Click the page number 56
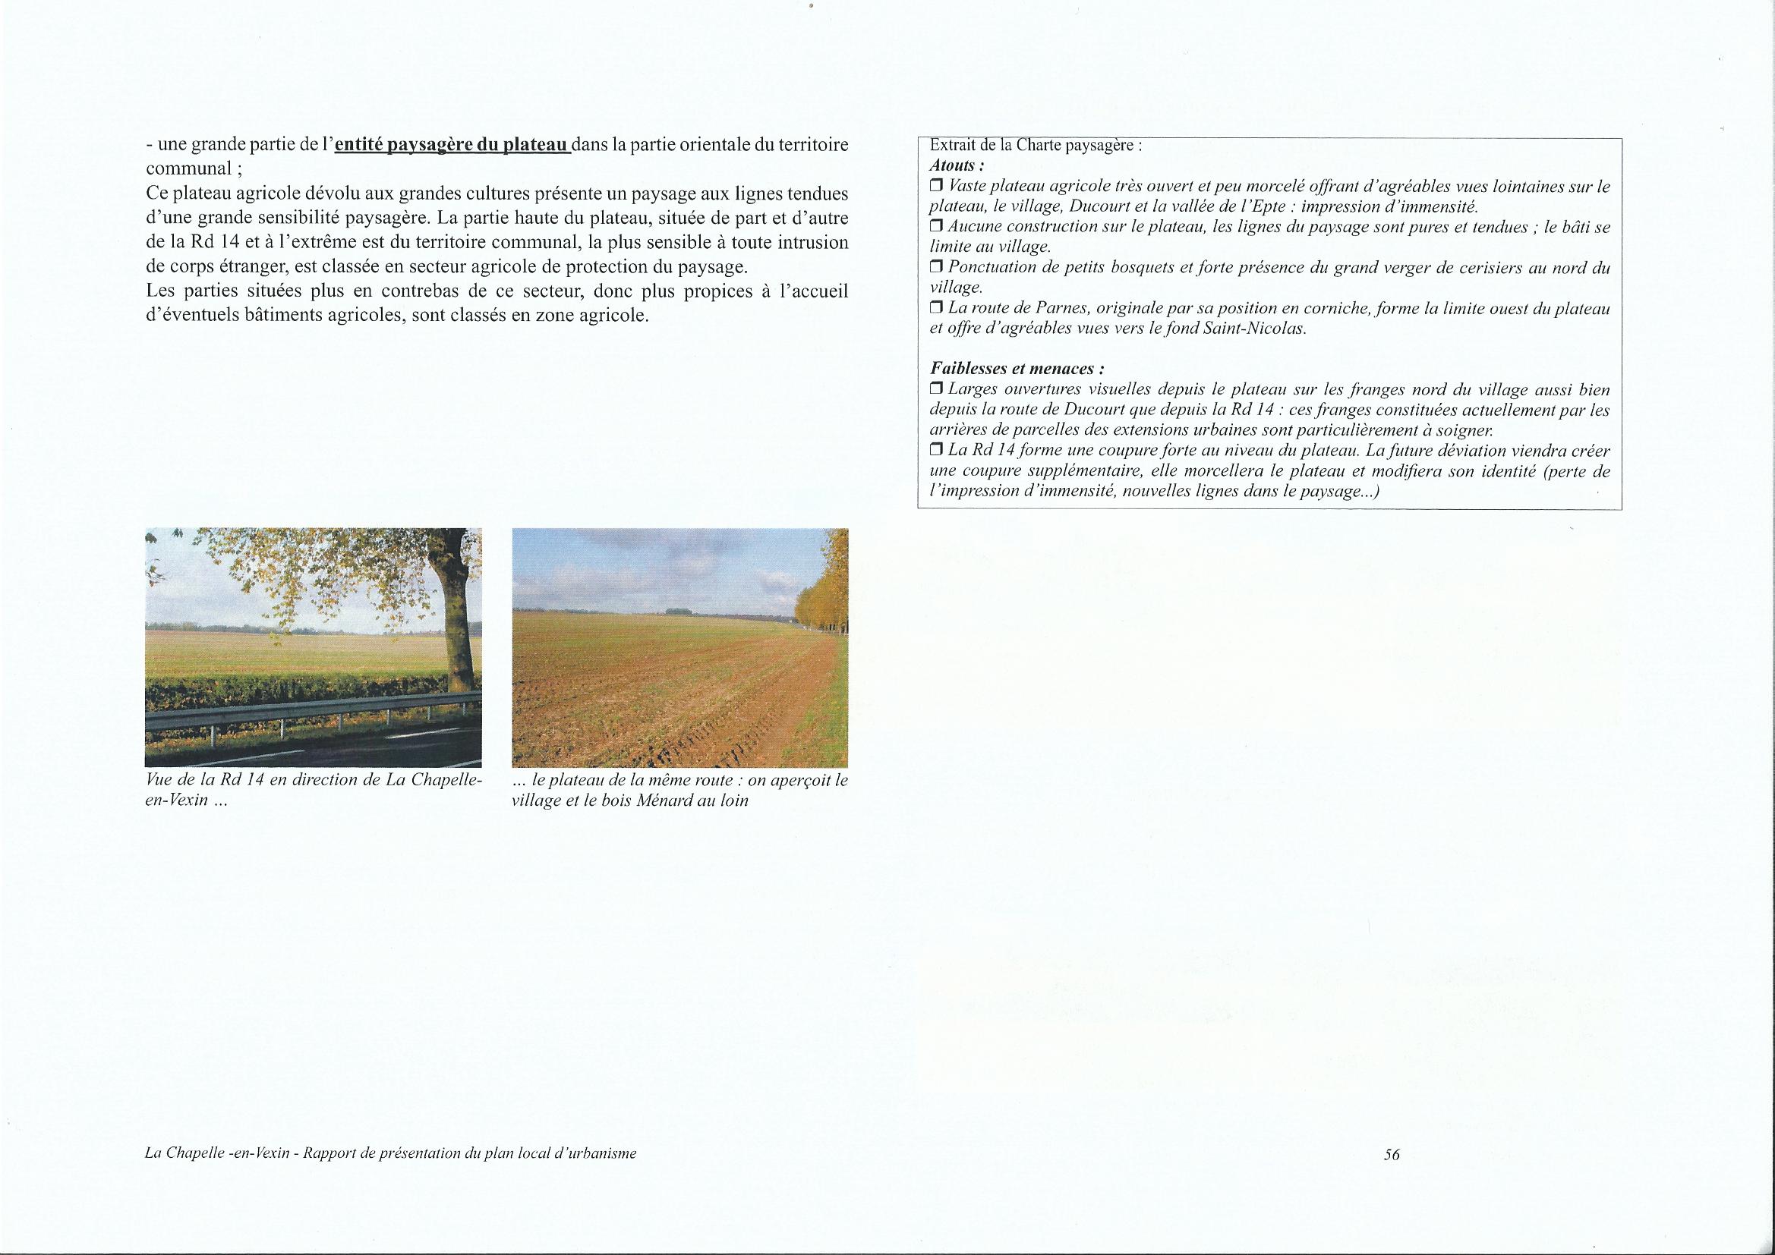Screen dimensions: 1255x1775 1392,1176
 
